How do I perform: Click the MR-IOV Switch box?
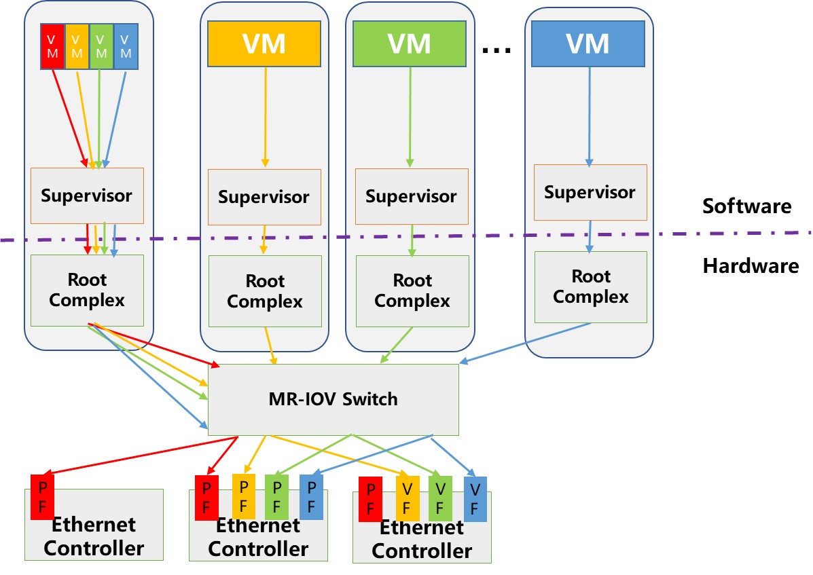tap(333, 399)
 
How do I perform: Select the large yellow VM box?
tap(264, 44)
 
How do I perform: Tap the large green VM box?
tap(409, 44)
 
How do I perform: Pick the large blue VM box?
tap(588, 44)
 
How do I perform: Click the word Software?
tap(746, 206)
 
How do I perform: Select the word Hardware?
tap(751, 265)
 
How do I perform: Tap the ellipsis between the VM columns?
tap(496, 49)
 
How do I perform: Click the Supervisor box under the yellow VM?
tap(264, 197)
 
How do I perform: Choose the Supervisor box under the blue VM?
tap(590, 192)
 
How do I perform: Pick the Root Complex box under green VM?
tap(412, 290)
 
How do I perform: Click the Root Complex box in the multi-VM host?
tap(87, 290)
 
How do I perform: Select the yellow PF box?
tap(242, 496)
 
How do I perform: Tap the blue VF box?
tap(475, 499)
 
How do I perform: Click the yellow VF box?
tap(407, 499)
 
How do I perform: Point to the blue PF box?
tap(311, 496)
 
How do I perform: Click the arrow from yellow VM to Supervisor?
tap(265, 115)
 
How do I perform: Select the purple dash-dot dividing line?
tap(475, 236)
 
